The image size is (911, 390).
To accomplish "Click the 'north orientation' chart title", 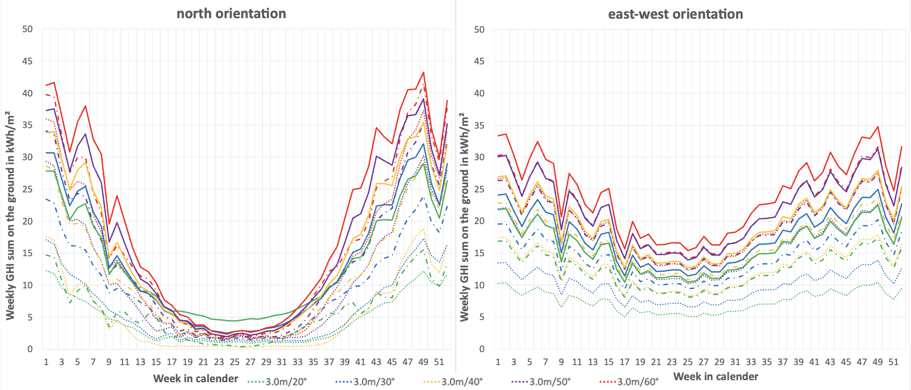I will point(231,13).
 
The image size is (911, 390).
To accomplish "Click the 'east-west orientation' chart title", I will point(675,14).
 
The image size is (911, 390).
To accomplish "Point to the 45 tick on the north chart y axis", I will point(28,61).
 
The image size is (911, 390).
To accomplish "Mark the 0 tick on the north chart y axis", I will point(30,349).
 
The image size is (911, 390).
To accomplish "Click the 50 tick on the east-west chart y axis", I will point(479,30).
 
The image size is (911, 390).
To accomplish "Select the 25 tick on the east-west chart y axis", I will point(479,189).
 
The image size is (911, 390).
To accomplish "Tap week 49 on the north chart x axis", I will point(423,362).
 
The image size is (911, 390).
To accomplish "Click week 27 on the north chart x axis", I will point(250,362).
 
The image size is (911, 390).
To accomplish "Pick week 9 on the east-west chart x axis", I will point(561,362).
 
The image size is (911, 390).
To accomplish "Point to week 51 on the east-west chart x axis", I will point(893,362).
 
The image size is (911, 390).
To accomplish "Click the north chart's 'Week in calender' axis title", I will point(196,379).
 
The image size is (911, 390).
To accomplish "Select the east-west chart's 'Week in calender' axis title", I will point(716,377).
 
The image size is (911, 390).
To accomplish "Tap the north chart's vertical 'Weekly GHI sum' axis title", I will point(10,215).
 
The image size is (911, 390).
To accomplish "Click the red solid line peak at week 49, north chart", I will point(424,73).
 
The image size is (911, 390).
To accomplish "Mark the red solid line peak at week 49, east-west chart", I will point(878,127).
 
